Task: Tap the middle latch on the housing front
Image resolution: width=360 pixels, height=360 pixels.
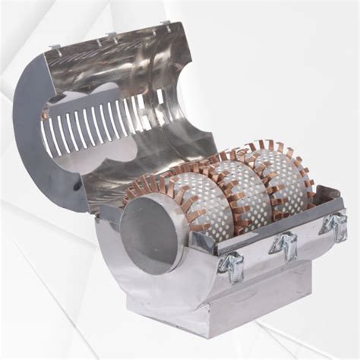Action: (x=283, y=245)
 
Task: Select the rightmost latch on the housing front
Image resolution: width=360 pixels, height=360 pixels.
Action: (x=333, y=224)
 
